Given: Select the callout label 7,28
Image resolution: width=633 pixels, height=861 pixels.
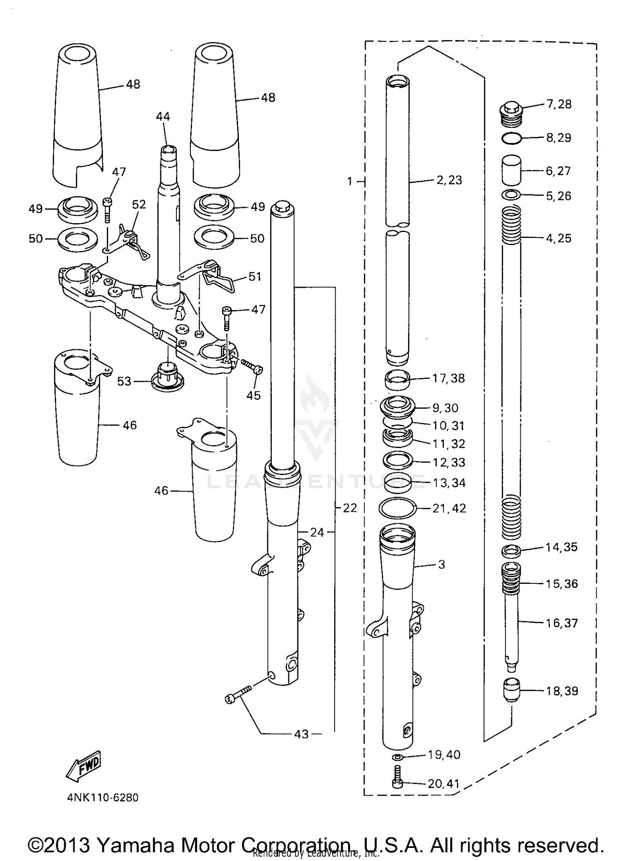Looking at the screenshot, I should click(x=559, y=104).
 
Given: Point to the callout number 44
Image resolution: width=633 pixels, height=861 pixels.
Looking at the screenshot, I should click(x=163, y=116).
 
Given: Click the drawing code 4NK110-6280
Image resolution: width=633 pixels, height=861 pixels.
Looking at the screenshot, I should click(x=103, y=798).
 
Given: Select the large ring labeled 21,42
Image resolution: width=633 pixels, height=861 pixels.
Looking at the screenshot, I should click(x=398, y=508).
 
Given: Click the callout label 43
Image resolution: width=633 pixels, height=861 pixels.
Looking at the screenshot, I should click(x=301, y=734).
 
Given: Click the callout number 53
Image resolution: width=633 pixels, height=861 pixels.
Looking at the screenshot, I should click(x=124, y=381).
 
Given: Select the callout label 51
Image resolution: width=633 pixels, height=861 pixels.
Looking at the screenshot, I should click(x=255, y=277).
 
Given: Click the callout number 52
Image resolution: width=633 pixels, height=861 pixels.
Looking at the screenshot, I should click(x=139, y=205).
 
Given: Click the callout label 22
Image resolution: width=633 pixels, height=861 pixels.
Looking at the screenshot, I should click(x=350, y=508).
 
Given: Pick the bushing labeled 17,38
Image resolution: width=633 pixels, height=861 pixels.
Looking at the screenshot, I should click(x=398, y=379).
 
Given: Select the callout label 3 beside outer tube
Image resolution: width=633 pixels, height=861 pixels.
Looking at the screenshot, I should click(x=441, y=564).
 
